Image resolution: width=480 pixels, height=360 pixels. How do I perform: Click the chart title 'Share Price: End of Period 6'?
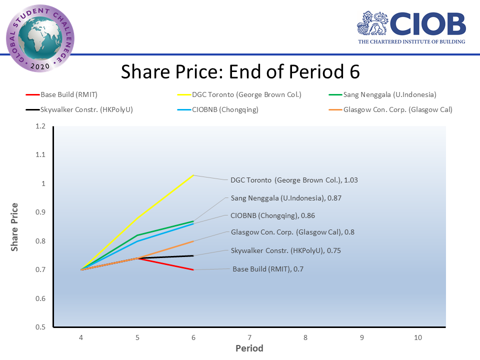pyautogui.click(x=240, y=72)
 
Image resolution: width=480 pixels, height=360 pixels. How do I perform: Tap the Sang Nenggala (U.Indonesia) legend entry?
pyautogui.click(x=389, y=94)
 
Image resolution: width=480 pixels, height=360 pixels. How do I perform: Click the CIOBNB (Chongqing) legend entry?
pyautogui.click(x=225, y=109)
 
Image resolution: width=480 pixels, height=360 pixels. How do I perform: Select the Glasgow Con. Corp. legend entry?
pyautogui.click(x=397, y=109)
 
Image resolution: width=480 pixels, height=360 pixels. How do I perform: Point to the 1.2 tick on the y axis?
pyautogui.click(x=40, y=126)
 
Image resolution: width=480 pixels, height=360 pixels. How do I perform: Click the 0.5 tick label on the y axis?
pyautogui.click(x=40, y=327)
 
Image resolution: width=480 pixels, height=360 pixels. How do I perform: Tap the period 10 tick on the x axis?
pyautogui.click(x=418, y=338)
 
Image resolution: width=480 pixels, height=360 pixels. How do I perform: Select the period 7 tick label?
pyautogui.click(x=249, y=338)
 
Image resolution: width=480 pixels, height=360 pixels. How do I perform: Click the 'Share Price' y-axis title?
pyautogui.click(x=15, y=227)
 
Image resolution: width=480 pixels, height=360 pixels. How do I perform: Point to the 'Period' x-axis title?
pyautogui.click(x=249, y=348)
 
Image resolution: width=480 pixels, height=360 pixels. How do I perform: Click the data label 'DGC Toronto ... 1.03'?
pyautogui.click(x=294, y=180)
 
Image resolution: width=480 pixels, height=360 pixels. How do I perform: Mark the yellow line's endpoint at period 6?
pyautogui.click(x=193, y=175)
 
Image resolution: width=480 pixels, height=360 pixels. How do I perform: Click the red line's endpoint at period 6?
pyautogui.click(x=193, y=269)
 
